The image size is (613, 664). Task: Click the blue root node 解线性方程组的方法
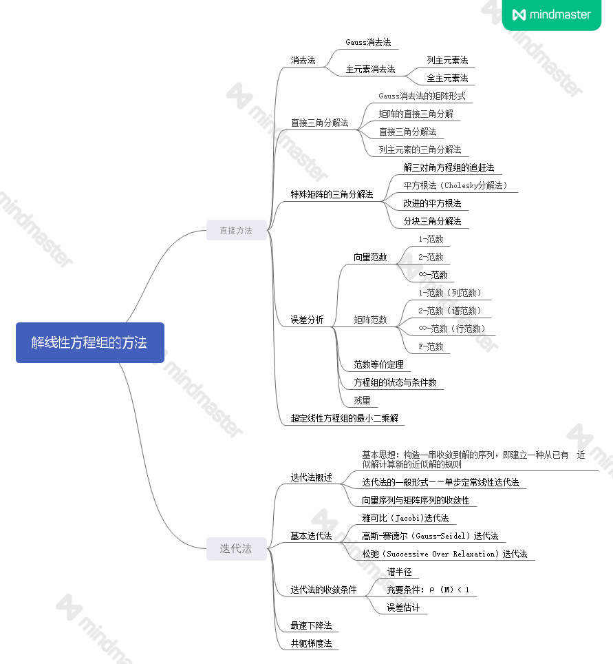point(89,342)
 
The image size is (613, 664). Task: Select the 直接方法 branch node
point(236,231)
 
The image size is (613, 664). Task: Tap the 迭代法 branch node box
point(236,549)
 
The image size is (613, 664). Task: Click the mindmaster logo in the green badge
point(552,14)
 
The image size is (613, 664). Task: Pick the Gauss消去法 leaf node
point(368,43)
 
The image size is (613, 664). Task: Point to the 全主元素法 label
point(447,79)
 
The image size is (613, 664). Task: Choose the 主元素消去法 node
point(370,70)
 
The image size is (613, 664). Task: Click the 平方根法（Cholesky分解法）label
point(455,185)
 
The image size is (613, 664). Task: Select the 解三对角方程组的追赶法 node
point(449,167)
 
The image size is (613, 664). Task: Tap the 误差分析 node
point(307,320)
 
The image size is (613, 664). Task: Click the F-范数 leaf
point(431,346)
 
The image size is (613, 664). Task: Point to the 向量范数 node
point(370,257)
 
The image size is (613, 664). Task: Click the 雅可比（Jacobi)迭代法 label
point(406,518)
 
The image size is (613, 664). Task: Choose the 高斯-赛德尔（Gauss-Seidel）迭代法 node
point(430,536)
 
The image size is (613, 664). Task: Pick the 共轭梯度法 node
point(311,643)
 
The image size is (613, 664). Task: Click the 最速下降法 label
point(311,625)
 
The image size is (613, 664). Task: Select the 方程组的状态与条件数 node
point(395,382)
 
